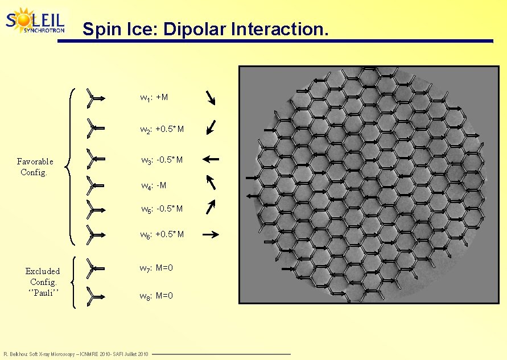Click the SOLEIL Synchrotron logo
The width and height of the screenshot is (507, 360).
click(x=35, y=21)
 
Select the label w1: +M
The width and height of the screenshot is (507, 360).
click(x=154, y=98)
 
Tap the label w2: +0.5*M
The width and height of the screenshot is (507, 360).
click(x=162, y=130)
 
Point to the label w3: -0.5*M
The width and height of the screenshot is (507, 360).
click(x=162, y=160)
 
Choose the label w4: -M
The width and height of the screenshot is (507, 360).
click(x=154, y=185)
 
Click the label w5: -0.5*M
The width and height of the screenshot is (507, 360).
click(x=162, y=209)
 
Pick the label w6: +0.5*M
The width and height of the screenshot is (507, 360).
click(x=162, y=234)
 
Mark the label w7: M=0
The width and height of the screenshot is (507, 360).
click(x=156, y=268)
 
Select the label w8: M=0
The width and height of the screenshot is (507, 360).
click(x=156, y=296)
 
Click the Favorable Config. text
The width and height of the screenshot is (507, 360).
click(x=35, y=167)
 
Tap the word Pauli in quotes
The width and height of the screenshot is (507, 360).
click(x=43, y=292)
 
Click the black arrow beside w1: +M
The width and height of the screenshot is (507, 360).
click(x=211, y=98)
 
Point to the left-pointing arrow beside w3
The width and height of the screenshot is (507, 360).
click(x=210, y=159)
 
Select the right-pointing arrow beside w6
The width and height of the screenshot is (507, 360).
click(x=211, y=234)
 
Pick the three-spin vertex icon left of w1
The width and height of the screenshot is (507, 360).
click(x=94, y=98)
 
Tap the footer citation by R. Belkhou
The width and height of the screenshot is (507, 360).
click(x=76, y=354)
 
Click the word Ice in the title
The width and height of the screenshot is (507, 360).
click(x=142, y=29)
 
